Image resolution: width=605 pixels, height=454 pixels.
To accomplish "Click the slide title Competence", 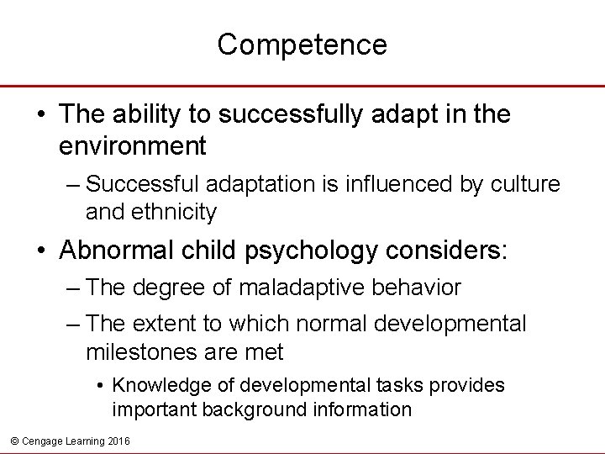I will pyautogui.click(x=302, y=45).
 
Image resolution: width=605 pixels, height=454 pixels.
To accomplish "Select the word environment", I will pyautogui.click(x=133, y=146).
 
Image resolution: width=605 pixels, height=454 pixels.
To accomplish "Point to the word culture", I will pyautogui.click(x=529, y=182).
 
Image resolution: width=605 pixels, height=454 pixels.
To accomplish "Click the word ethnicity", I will pyautogui.click(x=172, y=212).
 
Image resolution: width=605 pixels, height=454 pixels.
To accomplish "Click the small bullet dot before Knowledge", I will pyautogui.click(x=100, y=386).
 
